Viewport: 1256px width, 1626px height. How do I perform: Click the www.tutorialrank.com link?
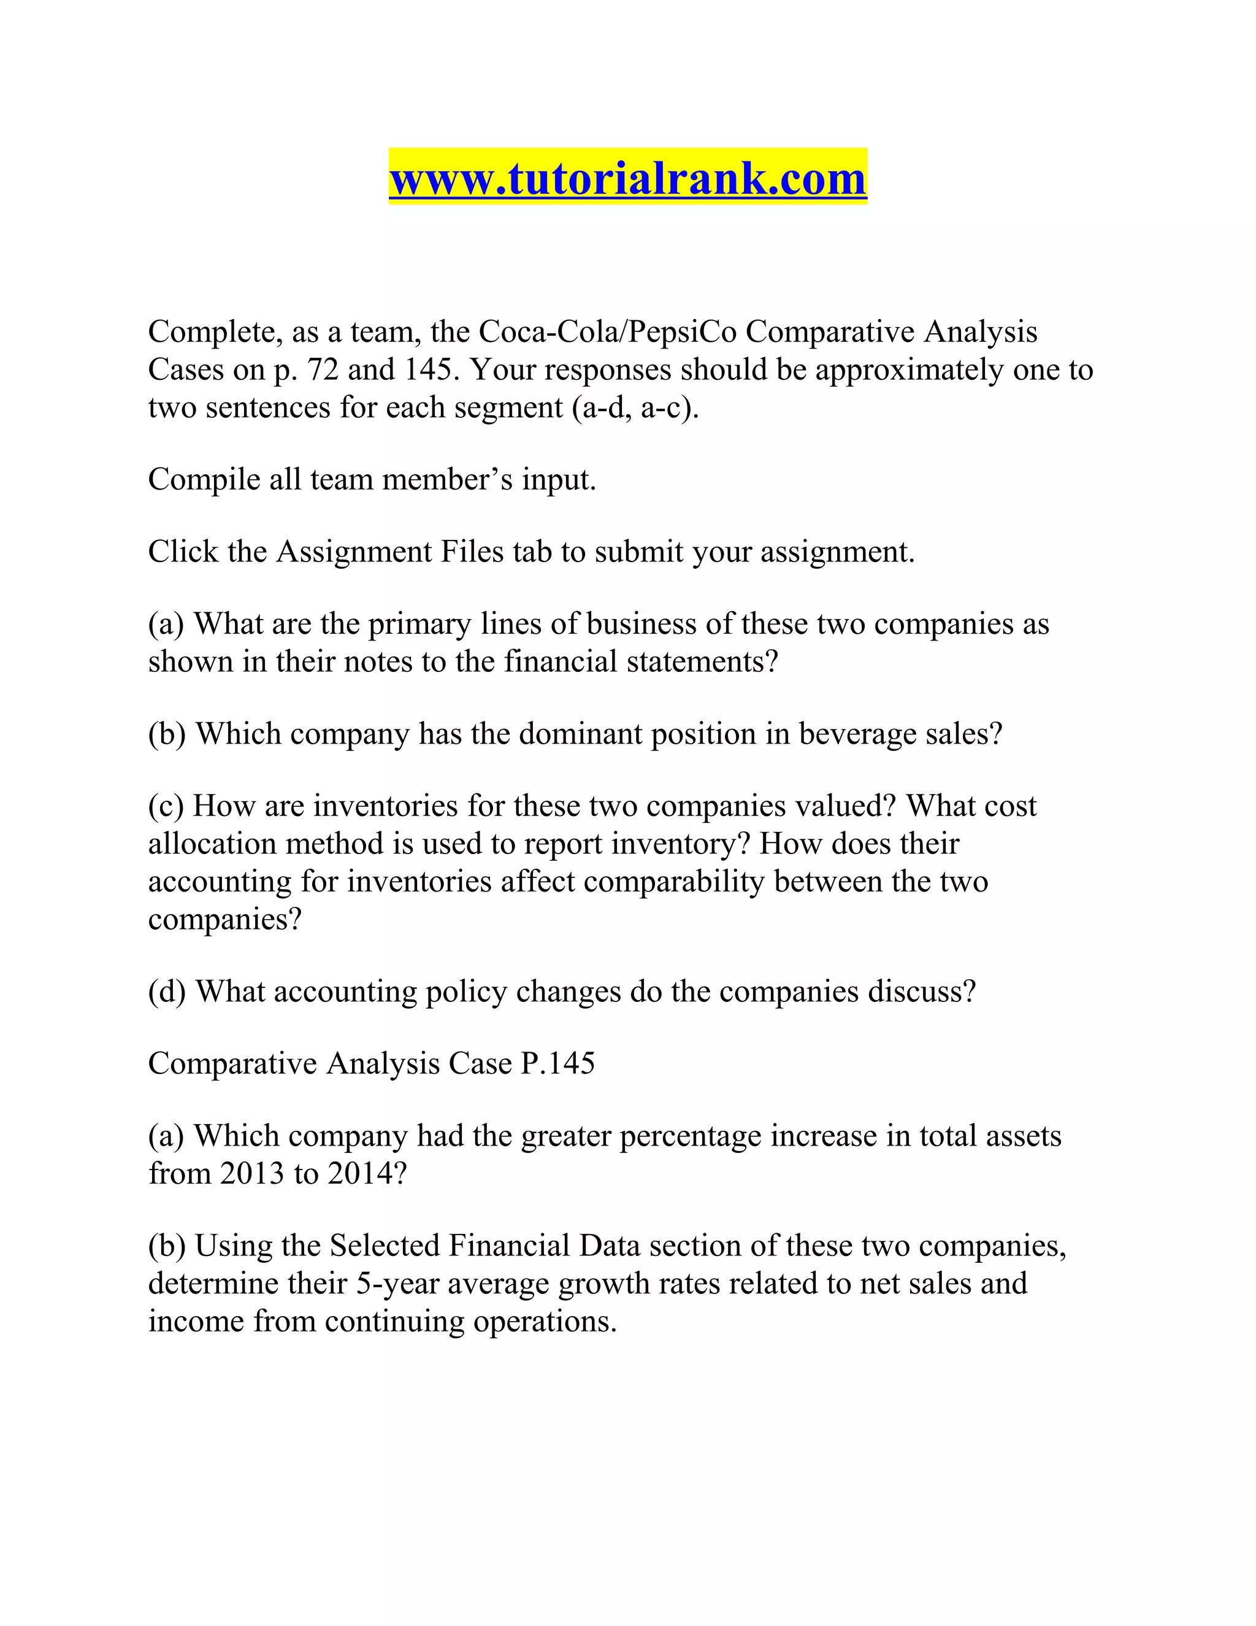pyautogui.click(x=627, y=179)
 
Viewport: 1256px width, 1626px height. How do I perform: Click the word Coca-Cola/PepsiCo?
pyautogui.click(x=607, y=332)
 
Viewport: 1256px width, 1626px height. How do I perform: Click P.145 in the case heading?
pyautogui.click(x=557, y=1064)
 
